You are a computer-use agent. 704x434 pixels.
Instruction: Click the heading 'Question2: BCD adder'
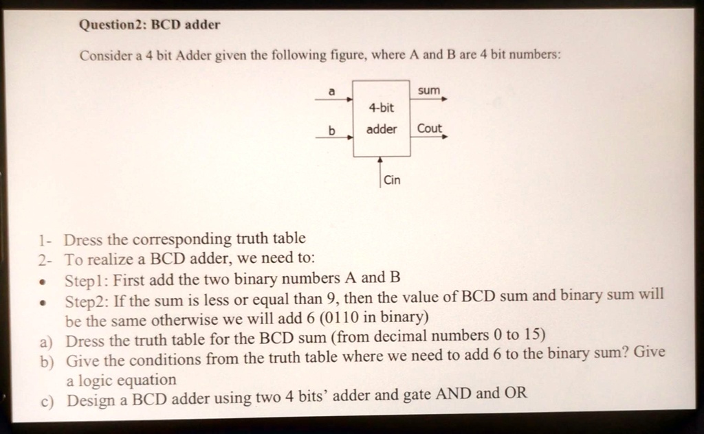(149, 24)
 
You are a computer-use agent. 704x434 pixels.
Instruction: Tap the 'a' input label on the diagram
(332, 91)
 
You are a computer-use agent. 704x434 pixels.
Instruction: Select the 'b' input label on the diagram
(332, 130)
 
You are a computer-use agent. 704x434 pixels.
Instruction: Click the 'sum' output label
(429, 91)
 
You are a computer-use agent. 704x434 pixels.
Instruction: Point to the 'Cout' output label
(430, 128)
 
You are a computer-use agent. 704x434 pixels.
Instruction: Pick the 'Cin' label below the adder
(392, 180)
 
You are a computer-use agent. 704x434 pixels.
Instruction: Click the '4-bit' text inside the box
(381, 108)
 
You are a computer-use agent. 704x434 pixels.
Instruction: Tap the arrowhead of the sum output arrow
(445, 99)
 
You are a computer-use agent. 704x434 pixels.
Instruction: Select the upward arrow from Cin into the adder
(380, 172)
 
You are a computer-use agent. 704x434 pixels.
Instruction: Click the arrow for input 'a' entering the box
(334, 99)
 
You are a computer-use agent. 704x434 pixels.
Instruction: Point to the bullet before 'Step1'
(43, 283)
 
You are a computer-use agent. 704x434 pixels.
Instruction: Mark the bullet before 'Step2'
(43, 303)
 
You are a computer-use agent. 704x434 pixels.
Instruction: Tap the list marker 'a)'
(46, 343)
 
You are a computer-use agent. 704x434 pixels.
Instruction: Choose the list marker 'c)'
(47, 401)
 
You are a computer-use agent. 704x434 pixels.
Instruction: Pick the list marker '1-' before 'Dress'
(45, 241)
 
